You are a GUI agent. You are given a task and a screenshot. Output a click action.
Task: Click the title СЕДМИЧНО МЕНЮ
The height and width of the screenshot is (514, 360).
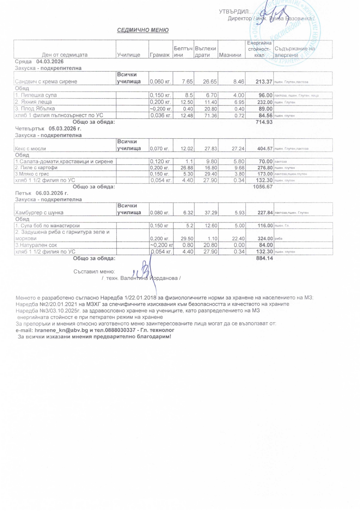click(x=143, y=30)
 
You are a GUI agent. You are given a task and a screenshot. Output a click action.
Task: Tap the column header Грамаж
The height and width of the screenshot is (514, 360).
click(x=160, y=55)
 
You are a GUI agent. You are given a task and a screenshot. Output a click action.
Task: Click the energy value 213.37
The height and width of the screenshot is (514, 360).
click(x=264, y=82)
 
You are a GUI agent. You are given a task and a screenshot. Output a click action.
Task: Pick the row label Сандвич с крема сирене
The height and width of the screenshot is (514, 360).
click(x=46, y=82)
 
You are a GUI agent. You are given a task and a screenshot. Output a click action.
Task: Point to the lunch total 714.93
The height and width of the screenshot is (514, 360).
click(x=264, y=122)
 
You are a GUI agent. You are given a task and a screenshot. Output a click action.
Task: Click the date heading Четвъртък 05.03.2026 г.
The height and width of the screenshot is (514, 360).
click(x=48, y=129)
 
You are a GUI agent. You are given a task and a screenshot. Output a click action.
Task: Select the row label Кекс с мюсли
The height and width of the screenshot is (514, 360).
click(x=30, y=149)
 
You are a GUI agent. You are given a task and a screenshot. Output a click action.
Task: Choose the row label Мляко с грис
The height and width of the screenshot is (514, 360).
click(x=32, y=174)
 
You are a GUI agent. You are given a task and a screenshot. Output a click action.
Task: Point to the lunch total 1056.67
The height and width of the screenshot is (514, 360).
click(x=263, y=187)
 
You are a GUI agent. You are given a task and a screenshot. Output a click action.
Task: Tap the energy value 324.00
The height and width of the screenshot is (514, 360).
click(x=265, y=239)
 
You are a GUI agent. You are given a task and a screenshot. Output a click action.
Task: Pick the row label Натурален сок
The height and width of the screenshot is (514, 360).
click(x=36, y=245)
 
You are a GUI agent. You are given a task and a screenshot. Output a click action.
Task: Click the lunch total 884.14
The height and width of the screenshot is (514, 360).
click(x=264, y=258)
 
